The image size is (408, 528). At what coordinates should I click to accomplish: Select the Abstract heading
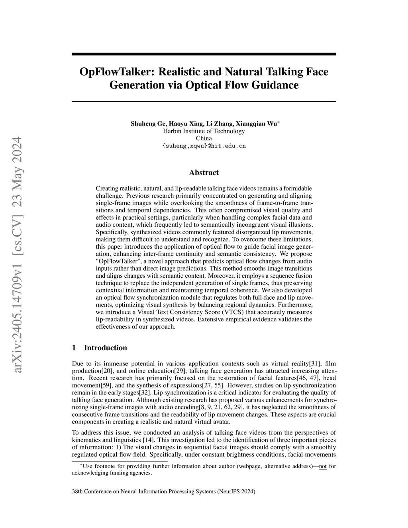tap(204, 173)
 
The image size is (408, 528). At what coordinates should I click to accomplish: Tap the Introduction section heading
tap(105, 348)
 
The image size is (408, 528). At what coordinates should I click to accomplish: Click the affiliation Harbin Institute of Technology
tap(204, 131)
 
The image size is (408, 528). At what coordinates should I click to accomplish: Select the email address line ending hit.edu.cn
tap(204, 146)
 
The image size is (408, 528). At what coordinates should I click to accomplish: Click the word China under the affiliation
tap(204, 138)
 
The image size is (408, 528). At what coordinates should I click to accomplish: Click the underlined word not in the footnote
tap(323, 466)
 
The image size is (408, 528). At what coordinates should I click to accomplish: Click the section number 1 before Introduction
tap(74, 348)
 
